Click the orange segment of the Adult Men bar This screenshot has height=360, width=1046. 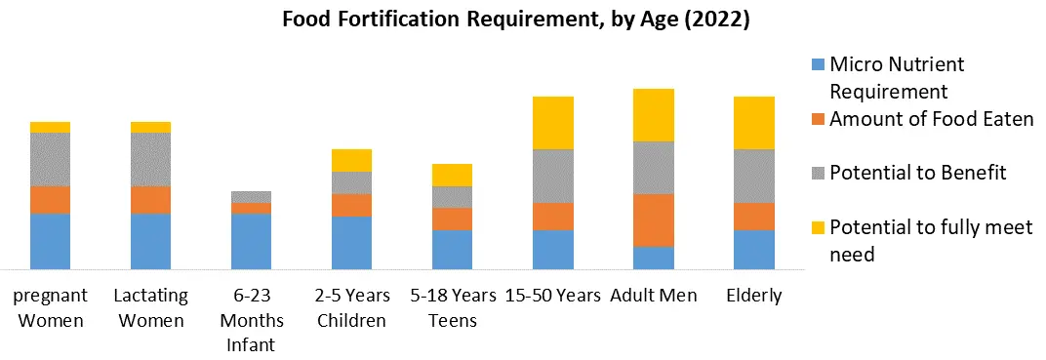click(x=653, y=220)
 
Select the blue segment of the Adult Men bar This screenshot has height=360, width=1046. click(x=653, y=258)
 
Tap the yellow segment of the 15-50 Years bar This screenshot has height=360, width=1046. click(x=552, y=123)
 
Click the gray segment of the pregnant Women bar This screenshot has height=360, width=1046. click(x=50, y=159)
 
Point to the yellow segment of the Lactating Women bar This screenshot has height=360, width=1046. click(x=150, y=127)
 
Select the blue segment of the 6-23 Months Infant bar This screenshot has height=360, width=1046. click(x=251, y=241)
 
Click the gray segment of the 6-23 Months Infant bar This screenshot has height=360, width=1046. click(x=251, y=197)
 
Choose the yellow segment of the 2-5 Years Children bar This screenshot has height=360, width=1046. click(x=351, y=160)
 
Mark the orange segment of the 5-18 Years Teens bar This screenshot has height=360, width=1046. click(x=452, y=219)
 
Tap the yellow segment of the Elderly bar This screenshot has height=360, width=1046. click(x=753, y=123)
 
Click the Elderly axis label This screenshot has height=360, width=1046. click(x=753, y=296)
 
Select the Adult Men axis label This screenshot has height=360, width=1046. click(x=653, y=296)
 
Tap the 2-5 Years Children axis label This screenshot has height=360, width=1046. click(x=351, y=307)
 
